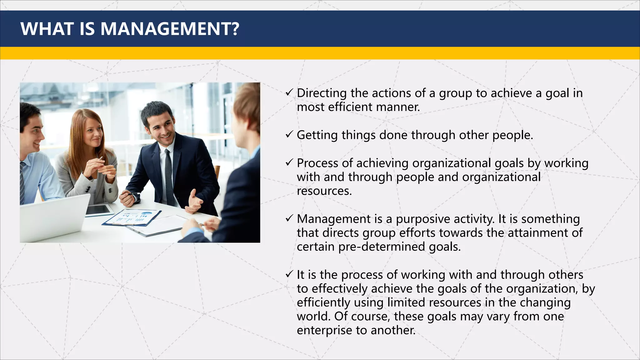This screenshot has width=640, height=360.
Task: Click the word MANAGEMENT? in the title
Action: point(170,29)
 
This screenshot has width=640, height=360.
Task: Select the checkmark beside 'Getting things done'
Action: point(289,134)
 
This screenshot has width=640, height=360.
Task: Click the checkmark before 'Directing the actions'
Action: point(289,92)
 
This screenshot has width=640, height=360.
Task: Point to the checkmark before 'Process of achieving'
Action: point(289,162)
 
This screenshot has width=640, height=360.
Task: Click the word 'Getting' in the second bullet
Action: point(317,135)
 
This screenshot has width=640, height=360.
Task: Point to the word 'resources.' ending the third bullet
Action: point(324,191)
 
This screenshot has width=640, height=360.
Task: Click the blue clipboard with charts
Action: point(133,217)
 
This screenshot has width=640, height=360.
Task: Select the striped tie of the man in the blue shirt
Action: point(22,184)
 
